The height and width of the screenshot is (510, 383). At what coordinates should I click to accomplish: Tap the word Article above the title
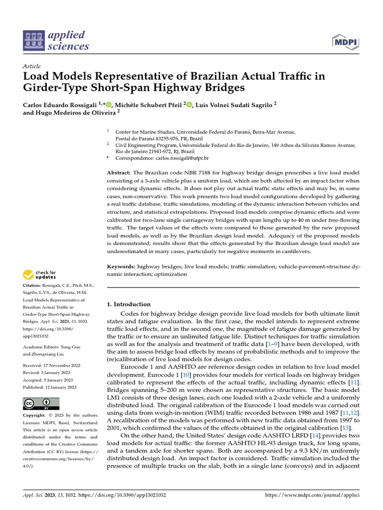click(31, 66)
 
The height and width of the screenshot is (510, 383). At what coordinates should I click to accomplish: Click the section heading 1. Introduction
click(129, 304)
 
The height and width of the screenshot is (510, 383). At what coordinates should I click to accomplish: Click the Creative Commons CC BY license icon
click(41, 403)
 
